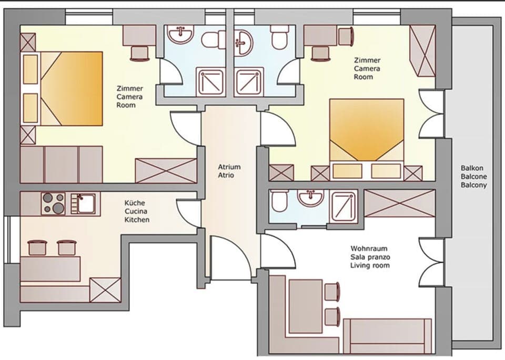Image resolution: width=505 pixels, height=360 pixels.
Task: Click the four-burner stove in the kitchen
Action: (53, 203)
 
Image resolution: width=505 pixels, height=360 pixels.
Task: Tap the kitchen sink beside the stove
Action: (83, 203)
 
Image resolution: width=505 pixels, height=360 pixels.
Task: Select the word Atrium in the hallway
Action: (229, 167)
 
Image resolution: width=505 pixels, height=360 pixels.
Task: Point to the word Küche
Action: (135, 202)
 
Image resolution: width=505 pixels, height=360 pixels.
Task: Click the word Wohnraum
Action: (368, 248)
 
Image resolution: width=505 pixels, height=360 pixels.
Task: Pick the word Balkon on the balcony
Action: (472, 168)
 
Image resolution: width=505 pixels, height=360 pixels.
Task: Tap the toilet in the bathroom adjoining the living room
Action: (279, 201)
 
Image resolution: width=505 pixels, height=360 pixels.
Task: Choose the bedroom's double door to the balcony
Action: (431, 115)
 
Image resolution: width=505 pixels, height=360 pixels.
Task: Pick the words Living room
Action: (370, 266)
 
